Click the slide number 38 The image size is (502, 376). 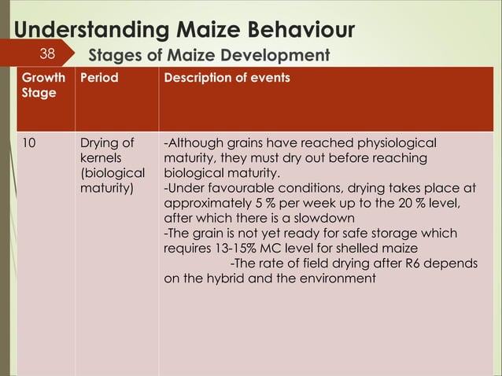pos(47,54)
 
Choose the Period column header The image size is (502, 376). pos(99,79)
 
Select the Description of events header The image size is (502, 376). pos(227,79)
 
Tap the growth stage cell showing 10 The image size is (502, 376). pos(28,144)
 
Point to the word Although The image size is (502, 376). pos(193,144)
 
